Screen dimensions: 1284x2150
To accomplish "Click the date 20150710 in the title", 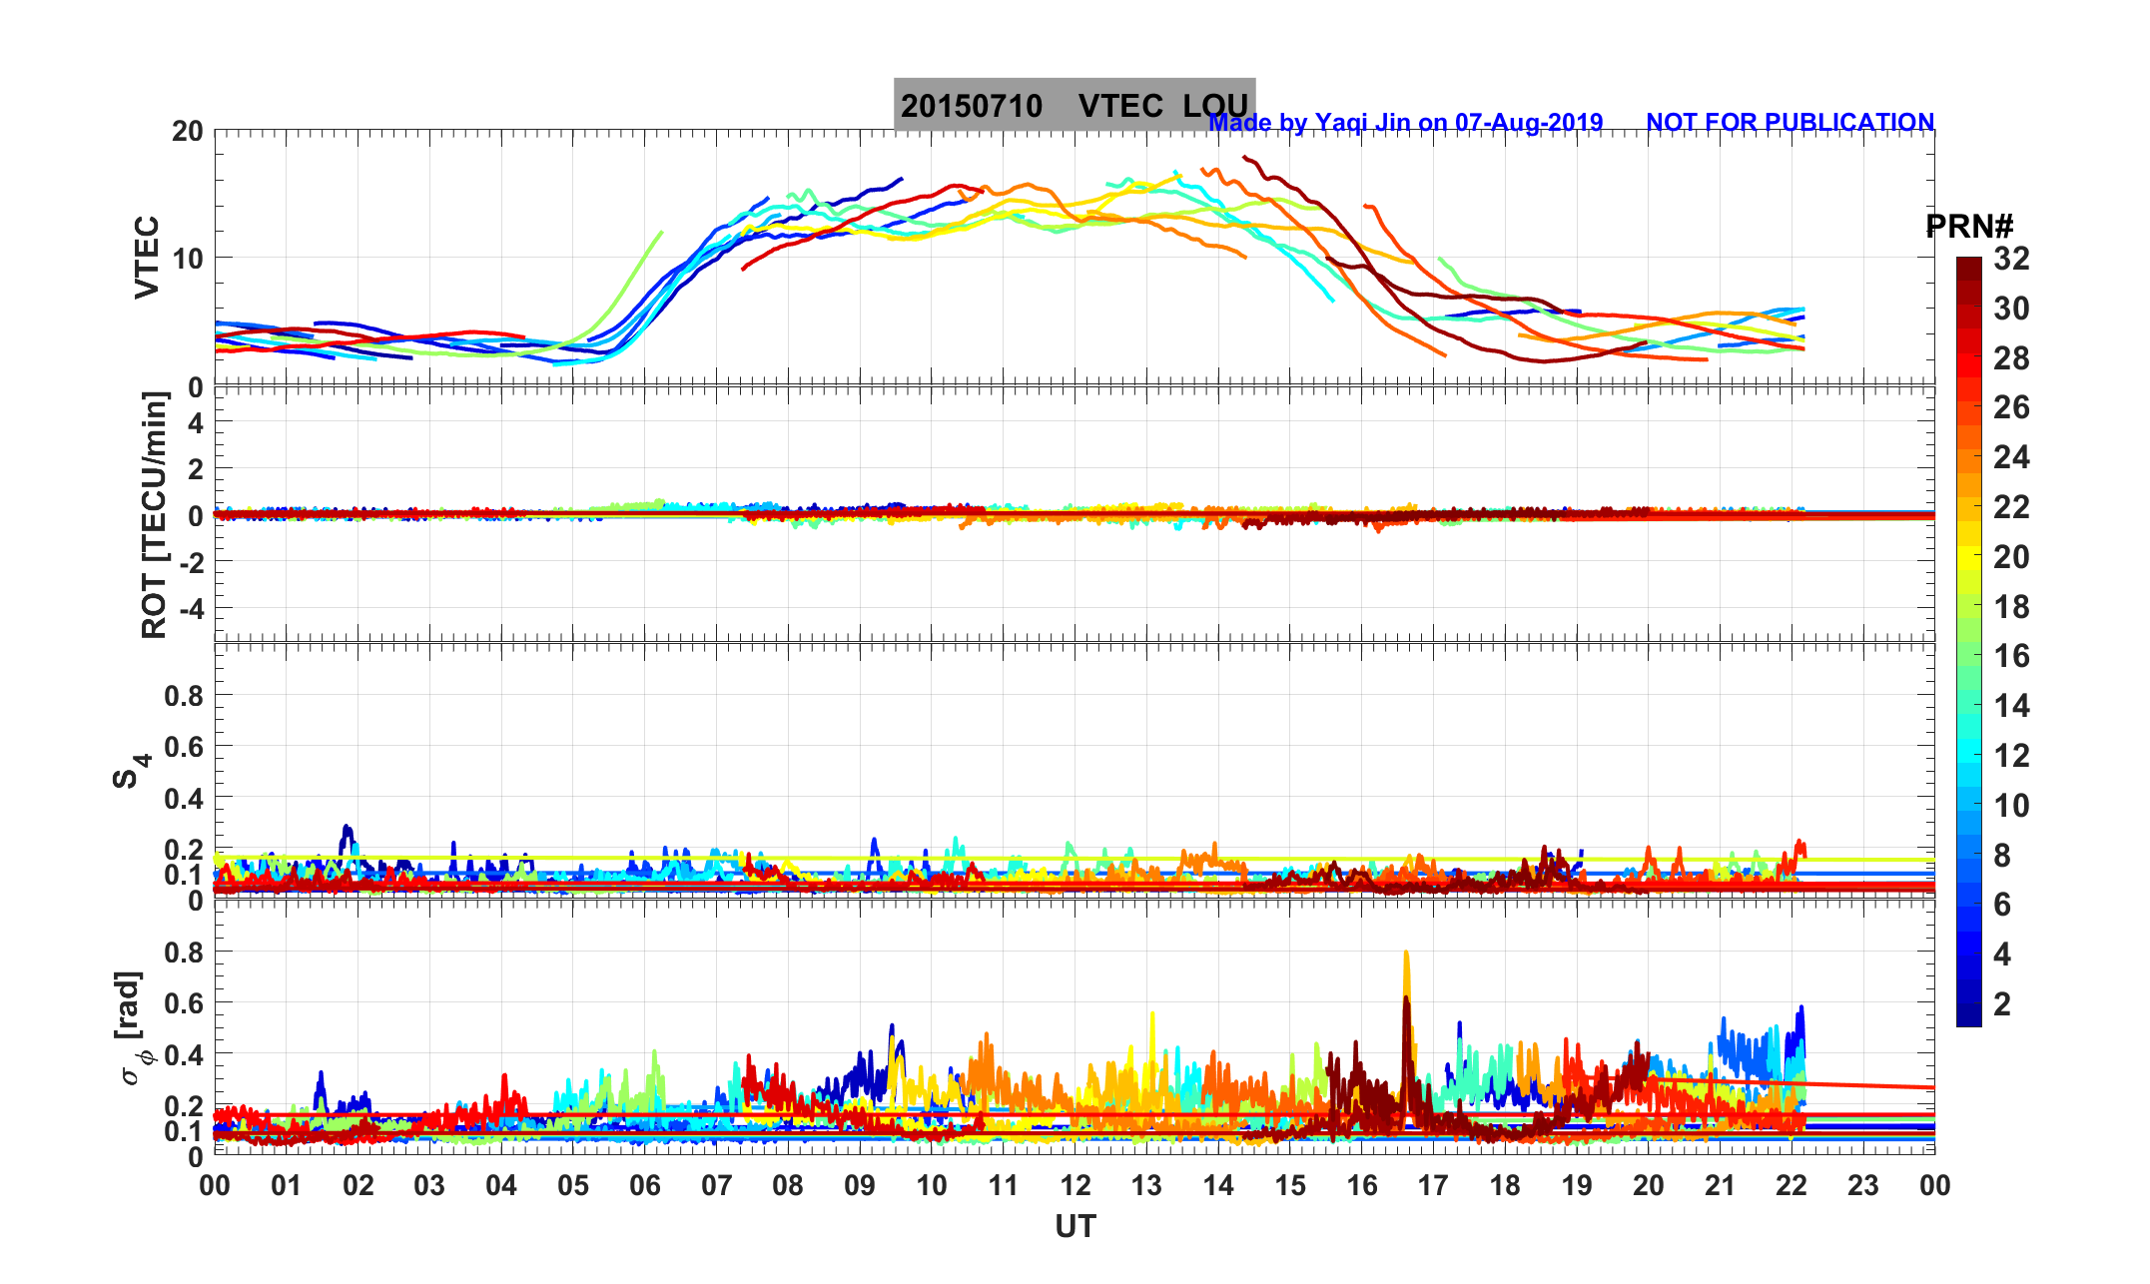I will [971, 106].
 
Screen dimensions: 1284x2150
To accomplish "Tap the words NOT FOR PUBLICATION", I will [1790, 123].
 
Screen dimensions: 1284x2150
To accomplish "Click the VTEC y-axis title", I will [147, 258].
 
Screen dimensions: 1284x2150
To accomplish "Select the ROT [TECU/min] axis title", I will [154, 515].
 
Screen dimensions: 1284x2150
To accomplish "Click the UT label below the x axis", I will [1075, 1227].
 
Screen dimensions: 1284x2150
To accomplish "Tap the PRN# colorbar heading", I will [1969, 228].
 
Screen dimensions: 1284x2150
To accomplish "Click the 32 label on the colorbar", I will [2011, 260].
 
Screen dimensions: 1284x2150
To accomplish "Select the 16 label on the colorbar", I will [2011, 656].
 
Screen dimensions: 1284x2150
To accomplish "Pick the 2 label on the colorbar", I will [2002, 1004].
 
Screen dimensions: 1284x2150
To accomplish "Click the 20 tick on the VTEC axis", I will [187, 132].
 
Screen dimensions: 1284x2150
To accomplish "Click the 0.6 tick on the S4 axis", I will [184, 747].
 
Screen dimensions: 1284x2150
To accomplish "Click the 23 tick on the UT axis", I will [1863, 1186].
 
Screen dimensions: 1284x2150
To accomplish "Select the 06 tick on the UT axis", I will [645, 1186].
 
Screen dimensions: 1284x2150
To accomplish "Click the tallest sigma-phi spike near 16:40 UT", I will [1406, 955].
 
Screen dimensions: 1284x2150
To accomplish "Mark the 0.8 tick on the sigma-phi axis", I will [184, 952].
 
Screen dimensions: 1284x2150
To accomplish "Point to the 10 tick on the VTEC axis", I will [187, 259].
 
